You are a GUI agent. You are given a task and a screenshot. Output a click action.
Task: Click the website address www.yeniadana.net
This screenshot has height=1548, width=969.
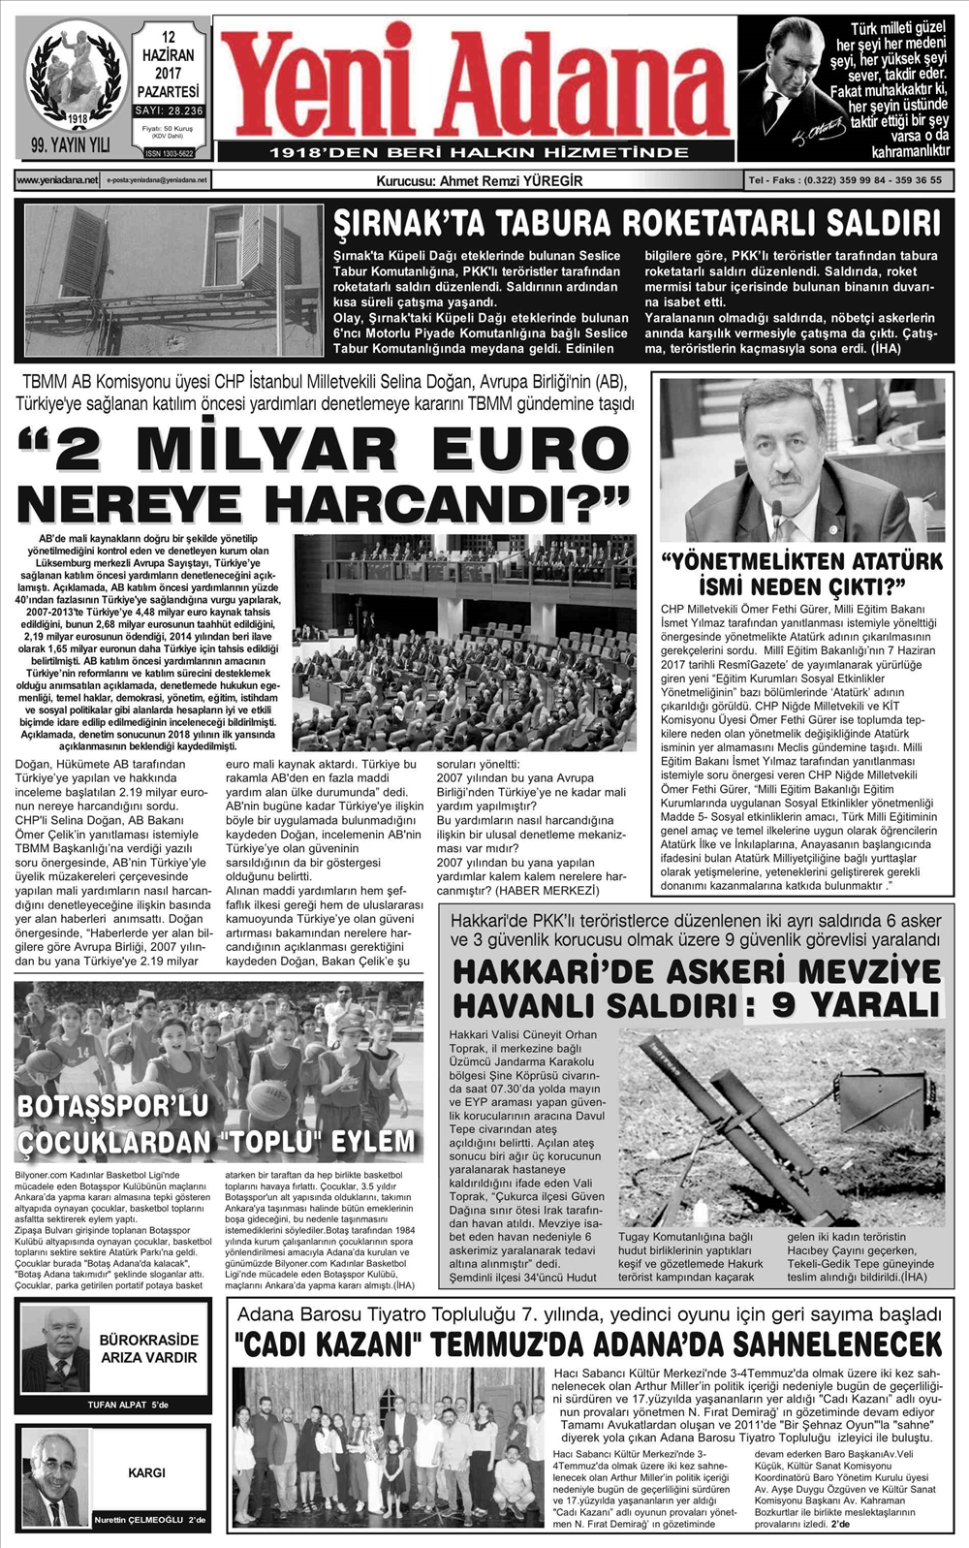57,180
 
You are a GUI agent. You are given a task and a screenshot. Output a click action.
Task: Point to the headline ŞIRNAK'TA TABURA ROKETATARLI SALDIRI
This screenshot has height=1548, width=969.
637,224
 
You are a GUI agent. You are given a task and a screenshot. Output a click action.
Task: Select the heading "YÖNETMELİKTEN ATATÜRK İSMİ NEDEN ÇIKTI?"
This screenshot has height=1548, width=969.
801,574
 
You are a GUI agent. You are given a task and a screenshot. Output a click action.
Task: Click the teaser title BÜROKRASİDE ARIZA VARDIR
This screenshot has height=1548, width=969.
148,1348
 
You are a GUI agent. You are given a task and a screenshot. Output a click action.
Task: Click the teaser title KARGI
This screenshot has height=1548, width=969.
146,1472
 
